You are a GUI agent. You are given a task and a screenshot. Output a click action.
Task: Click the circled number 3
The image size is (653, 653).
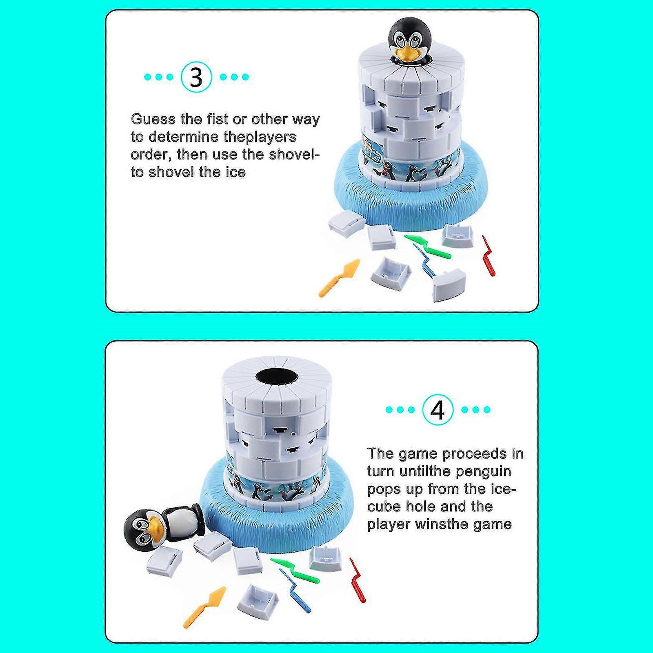pos(196,77)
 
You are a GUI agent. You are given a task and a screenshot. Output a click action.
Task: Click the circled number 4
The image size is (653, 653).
pos(438,410)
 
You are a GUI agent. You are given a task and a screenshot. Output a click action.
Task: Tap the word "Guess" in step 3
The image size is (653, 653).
pos(153,119)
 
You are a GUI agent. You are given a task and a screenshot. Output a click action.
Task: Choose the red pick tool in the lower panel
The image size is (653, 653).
pos(357,580)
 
